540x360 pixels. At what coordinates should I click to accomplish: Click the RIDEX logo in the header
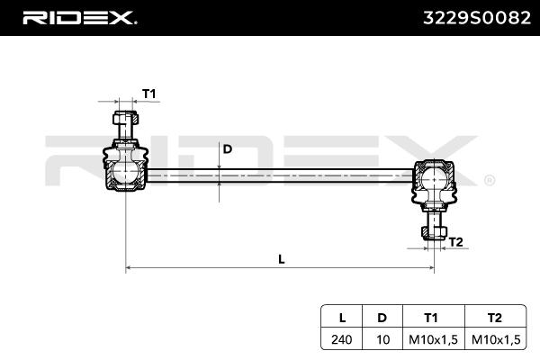tap(78, 17)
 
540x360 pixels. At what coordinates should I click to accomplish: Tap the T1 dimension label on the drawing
tap(149, 94)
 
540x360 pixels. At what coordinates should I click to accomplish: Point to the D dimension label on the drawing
tap(228, 149)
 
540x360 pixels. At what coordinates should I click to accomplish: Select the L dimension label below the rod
tap(282, 259)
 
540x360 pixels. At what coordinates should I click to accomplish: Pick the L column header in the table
tap(341, 317)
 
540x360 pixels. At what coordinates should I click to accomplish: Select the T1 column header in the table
tap(431, 317)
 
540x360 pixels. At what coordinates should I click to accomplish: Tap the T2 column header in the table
tap(494, 317)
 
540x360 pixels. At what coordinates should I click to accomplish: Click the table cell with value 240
tap(341, 339)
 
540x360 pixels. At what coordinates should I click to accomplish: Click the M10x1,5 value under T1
tap(431, 339)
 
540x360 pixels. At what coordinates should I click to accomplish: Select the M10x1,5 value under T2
tap(494, 339)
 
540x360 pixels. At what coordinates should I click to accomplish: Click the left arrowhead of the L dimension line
tap(129, 267)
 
